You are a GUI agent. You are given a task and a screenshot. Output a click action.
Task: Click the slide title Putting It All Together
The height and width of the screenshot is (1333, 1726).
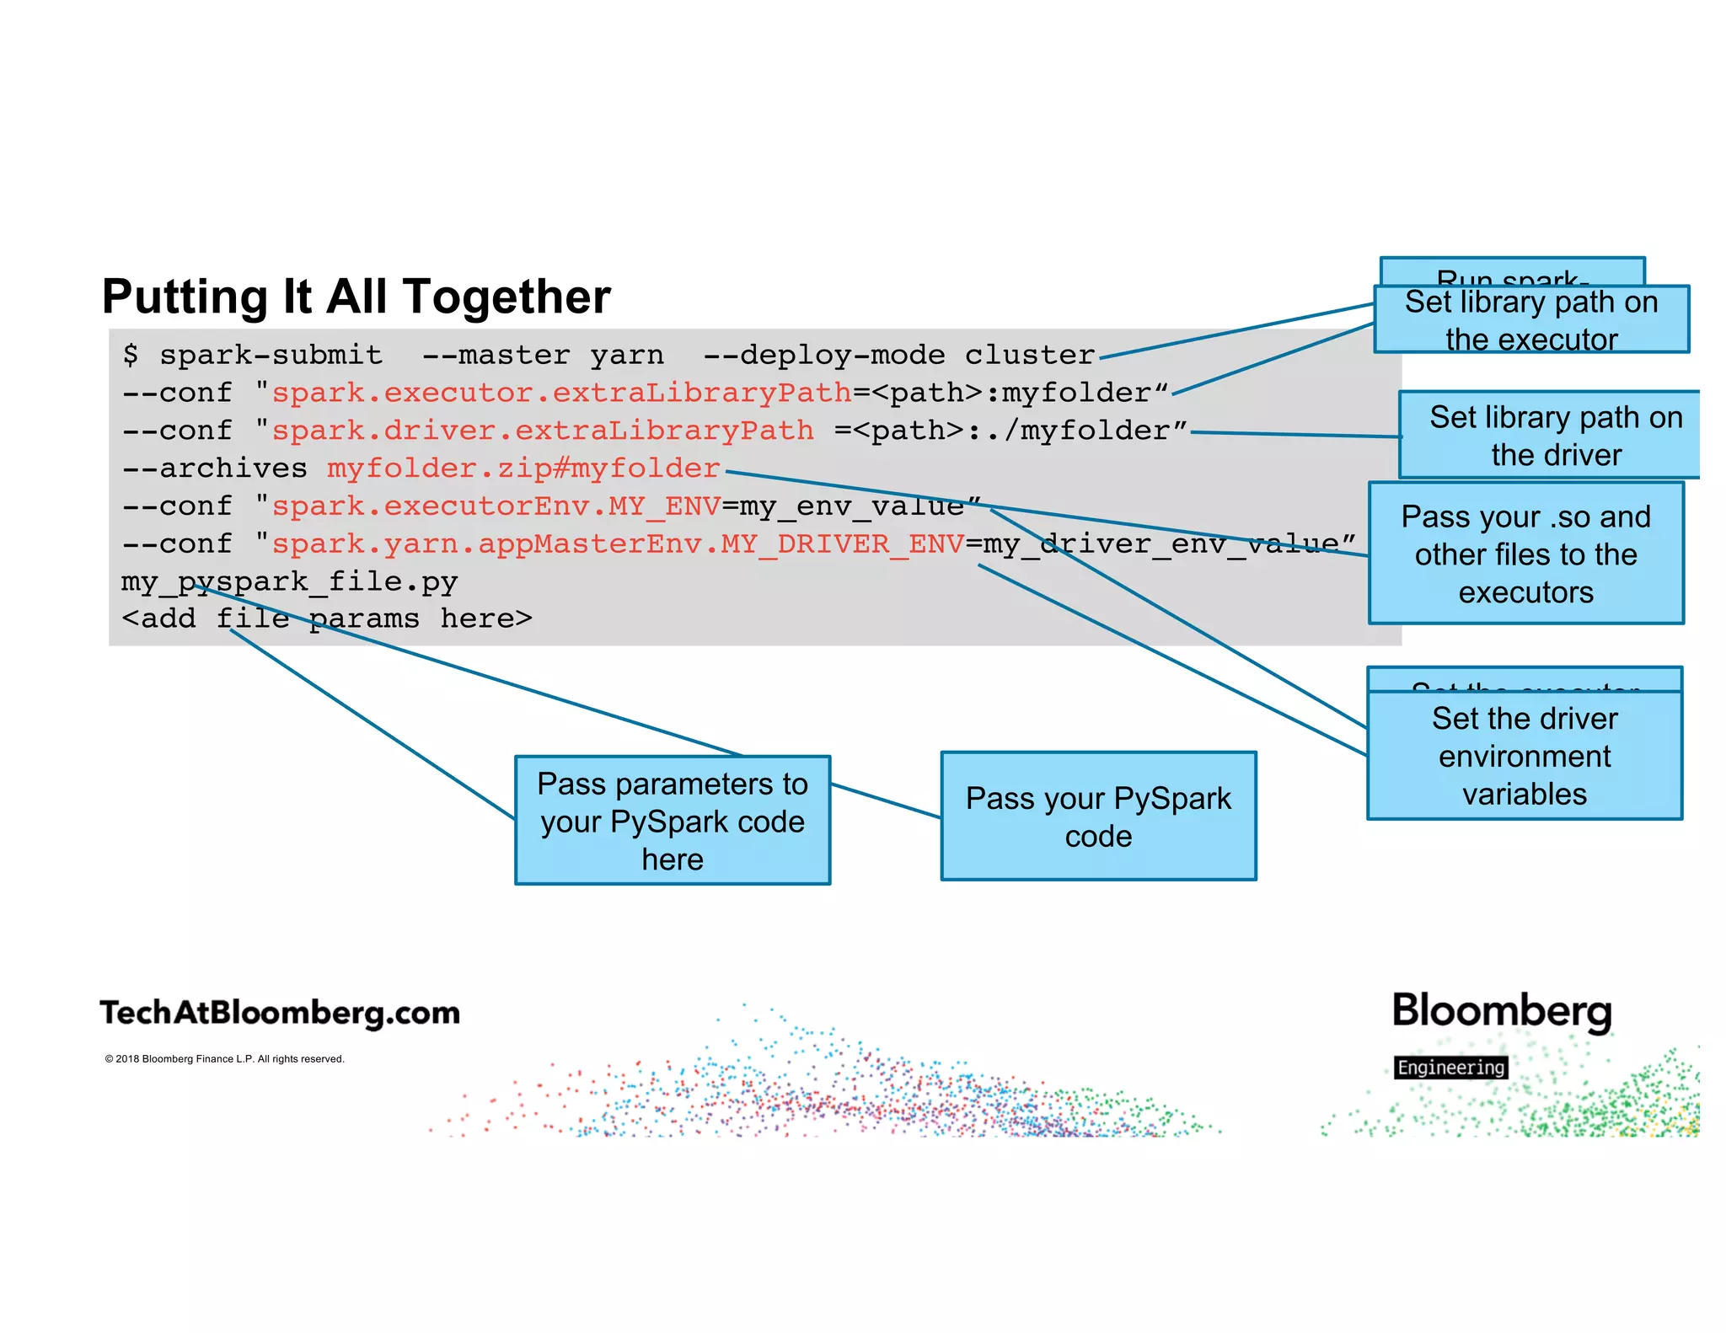tap(356, 297)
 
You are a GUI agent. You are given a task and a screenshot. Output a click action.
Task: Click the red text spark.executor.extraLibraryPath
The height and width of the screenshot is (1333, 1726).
tap(561, 393)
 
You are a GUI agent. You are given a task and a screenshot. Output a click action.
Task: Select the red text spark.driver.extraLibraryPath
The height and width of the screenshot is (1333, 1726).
tap(542, 431)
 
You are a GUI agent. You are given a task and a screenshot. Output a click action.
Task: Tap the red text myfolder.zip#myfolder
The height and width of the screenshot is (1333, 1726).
tap(523, 468)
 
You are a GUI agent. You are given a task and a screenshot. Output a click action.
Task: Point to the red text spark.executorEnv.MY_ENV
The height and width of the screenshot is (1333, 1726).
tap(496, 506)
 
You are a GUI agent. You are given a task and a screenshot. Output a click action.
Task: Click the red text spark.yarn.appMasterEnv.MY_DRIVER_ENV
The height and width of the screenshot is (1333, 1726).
tap(617, 544)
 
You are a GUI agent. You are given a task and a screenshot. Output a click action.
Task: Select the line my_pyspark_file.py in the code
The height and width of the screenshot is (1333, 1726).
tap(289, 581)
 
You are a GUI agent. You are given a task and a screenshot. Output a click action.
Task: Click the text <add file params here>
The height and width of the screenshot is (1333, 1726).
tap(326, 619)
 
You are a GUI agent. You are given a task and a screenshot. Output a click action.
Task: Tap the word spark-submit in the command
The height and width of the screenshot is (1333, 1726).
tap(271, 355)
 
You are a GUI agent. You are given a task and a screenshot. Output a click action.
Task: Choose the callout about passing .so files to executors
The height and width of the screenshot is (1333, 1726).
tap(1525, 554)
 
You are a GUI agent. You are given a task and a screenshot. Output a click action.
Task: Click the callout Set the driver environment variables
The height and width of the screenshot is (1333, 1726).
tap(1524, 756)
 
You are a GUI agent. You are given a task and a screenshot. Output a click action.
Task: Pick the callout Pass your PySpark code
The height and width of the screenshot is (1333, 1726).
tap(1097, 816)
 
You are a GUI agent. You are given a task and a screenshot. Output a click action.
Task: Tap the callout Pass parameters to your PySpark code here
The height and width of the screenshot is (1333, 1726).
tap(672, 821)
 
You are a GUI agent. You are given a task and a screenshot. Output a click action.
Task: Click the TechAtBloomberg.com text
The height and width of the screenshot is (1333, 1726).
tap(280, 1013)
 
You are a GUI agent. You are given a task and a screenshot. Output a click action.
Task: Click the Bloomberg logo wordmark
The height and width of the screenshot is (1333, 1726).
tap(1501, 1010)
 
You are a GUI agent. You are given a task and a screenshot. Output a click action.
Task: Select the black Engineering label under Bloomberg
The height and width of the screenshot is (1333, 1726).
tap(1450, 1068)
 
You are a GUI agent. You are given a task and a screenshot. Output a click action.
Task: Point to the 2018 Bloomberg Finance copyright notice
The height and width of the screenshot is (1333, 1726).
tap(224, 1059)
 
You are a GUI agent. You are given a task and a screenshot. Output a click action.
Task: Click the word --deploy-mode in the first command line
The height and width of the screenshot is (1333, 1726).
tap(823, 355)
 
